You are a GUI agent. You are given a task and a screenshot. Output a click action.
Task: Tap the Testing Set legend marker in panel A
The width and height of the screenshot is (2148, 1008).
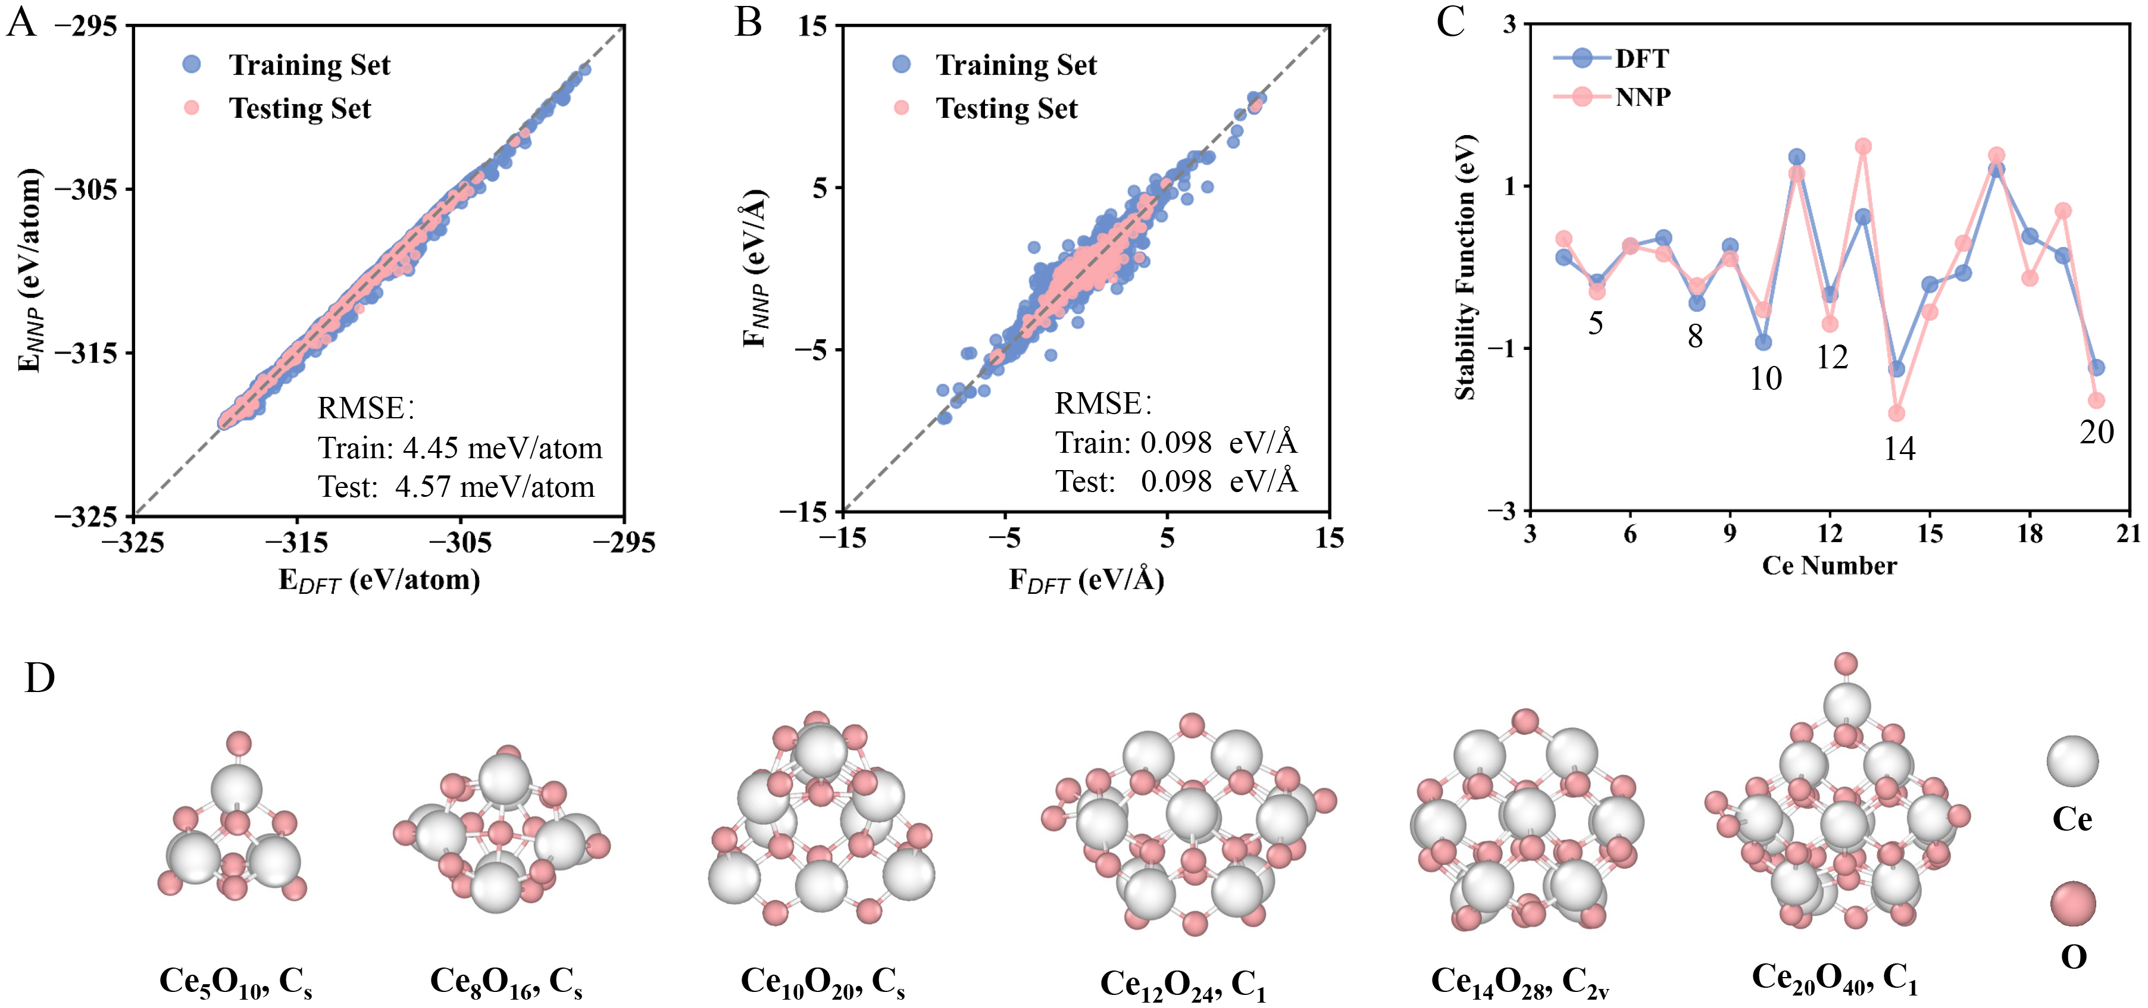[192, 108]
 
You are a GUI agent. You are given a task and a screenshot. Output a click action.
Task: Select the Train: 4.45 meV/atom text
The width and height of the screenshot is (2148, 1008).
[459, 449]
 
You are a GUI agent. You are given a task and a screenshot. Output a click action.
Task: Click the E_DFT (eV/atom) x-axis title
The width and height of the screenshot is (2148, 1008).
[379, 580]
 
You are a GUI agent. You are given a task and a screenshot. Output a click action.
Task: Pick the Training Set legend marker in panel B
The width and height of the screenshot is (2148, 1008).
[901, 64]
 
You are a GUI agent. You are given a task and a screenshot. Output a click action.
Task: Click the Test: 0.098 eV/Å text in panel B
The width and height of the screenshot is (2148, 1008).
[1175, 481]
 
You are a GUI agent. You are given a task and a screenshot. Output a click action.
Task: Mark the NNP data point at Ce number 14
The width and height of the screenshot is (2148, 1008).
[1896, 413]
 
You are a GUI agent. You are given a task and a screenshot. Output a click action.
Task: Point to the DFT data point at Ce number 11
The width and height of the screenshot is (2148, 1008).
[1797, 156]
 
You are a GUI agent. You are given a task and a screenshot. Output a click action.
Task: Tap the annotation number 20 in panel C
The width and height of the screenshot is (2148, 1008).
[2096, 432]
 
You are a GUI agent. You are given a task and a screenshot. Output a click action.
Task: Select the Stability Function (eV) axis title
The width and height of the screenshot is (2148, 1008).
[1465, 267]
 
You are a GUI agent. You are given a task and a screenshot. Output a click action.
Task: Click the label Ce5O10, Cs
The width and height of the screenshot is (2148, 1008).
[235, 981]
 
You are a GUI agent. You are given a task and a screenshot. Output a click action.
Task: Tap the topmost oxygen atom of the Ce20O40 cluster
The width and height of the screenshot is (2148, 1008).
[1846, 663]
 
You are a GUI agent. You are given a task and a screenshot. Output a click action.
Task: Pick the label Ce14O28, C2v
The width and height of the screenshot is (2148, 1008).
[1519, 981]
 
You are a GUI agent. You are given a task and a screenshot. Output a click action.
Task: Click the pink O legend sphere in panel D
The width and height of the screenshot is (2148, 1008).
[2073, 904]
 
